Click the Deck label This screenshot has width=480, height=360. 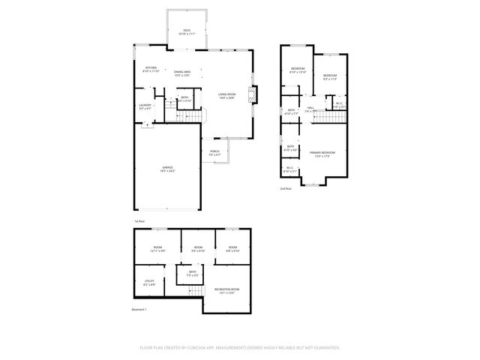pos(187,32)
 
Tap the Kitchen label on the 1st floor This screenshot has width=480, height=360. pos(151,69)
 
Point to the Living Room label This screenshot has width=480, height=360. pos(226,96)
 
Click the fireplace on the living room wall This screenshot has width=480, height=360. pos(254,94)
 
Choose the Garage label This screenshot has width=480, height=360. pos(166,169)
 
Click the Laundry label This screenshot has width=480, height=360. pos(145,106)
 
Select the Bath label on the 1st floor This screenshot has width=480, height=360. pos(184,98)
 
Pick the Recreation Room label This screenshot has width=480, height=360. pos(226,290)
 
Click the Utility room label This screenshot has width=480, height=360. pos(149,283)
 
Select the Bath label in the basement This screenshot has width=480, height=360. pos(192,273)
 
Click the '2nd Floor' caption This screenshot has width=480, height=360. pos(286,189)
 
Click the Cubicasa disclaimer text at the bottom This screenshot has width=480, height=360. pos(240,347)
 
